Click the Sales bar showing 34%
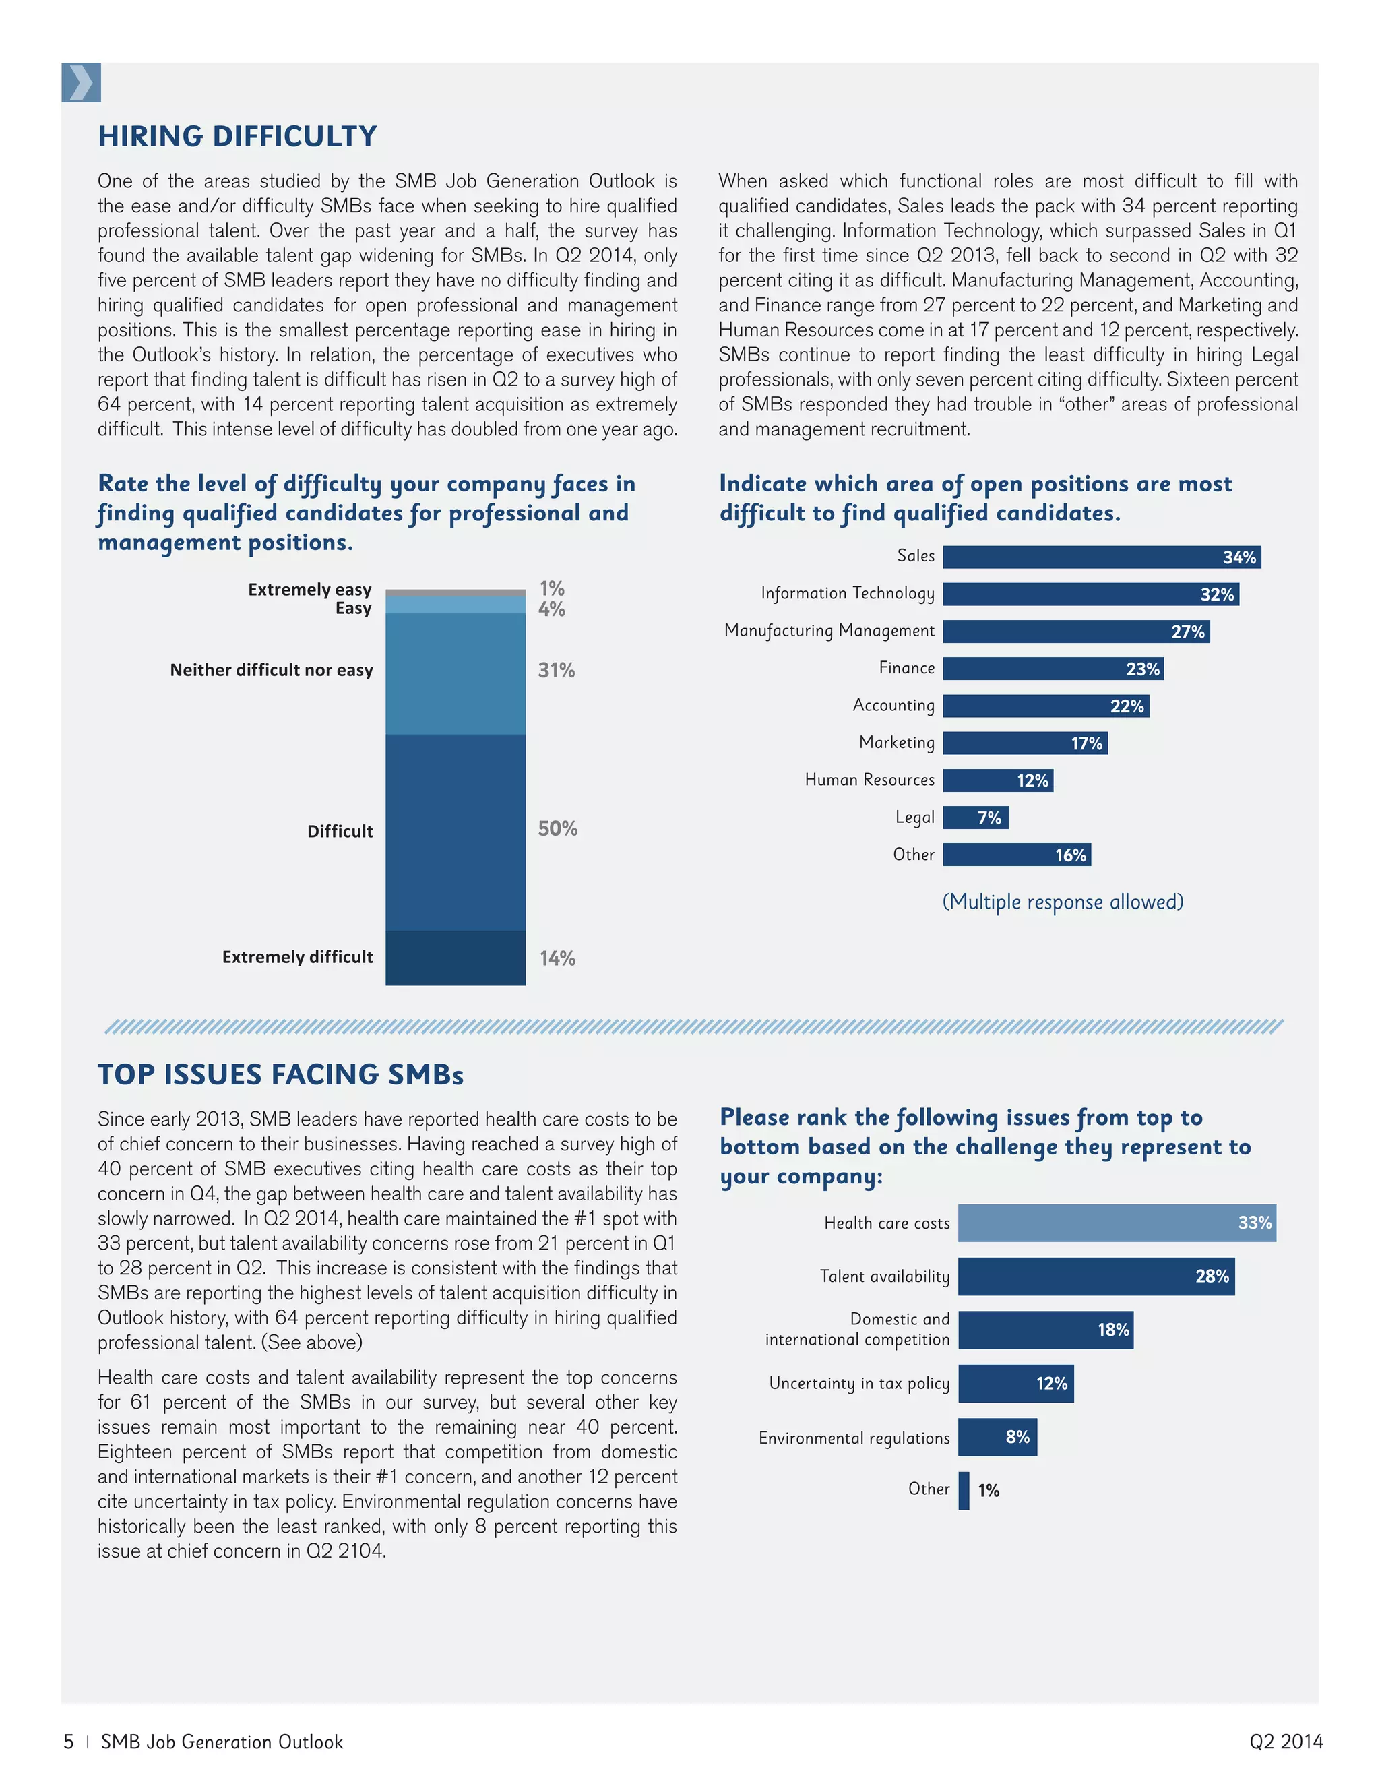[x=1100, y=557]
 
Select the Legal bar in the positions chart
[x=975, y=817]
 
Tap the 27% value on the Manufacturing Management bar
[x=1187, y=632]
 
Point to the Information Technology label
[x=847, y=593]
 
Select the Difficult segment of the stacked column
[x=456, y=832]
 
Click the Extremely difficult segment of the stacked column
[x=456, y=957]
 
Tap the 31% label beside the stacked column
[x=556, y=671]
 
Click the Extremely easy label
[x=309, y=590]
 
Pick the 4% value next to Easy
[x=551, y=609]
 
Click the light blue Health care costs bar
[x=1116, y=1223]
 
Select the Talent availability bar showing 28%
[x=1096, y=1276]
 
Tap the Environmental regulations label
[x=854, y=1438]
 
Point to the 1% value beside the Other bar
[x=989, y=1490]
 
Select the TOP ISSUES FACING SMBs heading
[x=280, y=1074]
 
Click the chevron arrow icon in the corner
[x=81, y=83]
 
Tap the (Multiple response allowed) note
[x=1062, y=901]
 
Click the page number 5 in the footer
[x=69, y=1741]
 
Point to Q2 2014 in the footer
[x=1285, y=1741]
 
